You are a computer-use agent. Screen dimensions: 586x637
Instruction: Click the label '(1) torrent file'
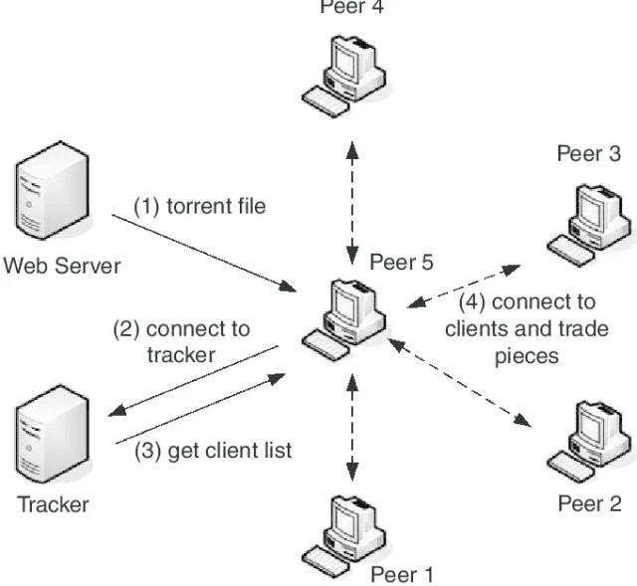(200, 207)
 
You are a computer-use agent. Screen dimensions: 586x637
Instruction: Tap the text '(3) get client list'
(214, 451)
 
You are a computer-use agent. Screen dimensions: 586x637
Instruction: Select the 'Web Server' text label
(62, 266)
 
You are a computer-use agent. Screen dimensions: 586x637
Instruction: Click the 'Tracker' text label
(53, 504)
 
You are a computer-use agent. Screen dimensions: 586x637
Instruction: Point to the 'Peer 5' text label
(402, 263)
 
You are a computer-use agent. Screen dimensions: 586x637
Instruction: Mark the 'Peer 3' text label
(589, 153)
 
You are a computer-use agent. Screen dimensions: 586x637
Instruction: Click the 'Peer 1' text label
(402, 574)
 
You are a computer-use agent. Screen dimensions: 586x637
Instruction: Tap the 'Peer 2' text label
(589, 503)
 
